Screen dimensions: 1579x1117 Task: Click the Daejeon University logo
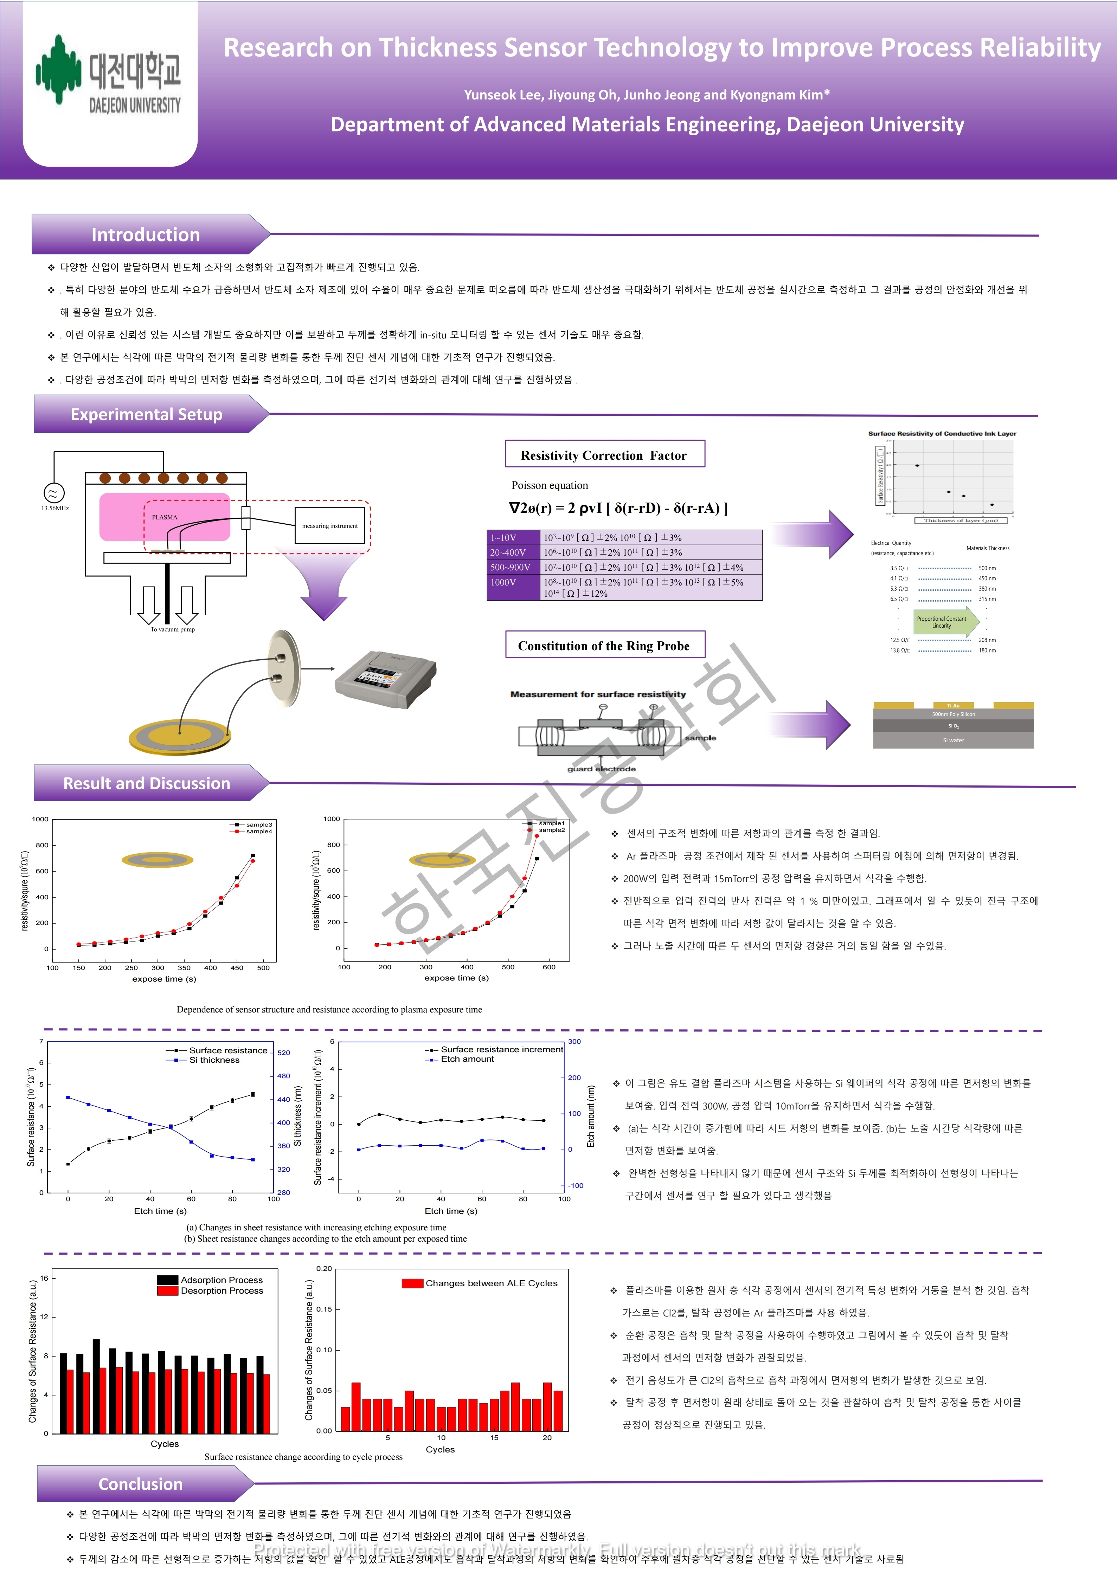(x=110, y=76)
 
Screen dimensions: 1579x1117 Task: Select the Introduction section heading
(x=146, y=234)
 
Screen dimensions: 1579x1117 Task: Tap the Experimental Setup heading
(x=147, y=414)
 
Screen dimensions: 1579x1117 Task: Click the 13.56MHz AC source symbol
(x=54, y=492)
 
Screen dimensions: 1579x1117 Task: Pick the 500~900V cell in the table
(x=511, y=567)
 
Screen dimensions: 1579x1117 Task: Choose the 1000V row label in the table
(x=503, y=582)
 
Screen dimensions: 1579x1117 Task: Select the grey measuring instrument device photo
(x=385, y=674)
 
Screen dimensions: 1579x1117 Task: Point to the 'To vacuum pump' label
(x=173, y=629)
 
